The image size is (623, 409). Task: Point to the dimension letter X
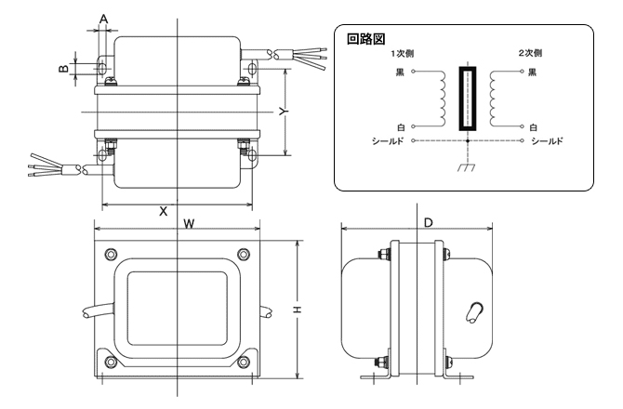coord(164,211)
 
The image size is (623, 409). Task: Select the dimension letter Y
coord(285,109)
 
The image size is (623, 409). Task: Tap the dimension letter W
coord(189,224)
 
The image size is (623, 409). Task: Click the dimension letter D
coord(428,223)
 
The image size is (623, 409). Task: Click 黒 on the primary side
coord(401,72)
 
